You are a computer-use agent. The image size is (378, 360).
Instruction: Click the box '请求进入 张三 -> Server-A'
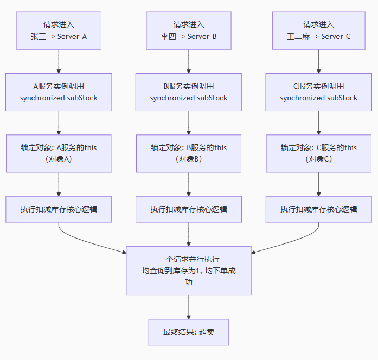click(x=59, y=31)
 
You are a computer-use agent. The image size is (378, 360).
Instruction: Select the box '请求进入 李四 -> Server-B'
click(x=189, y=31)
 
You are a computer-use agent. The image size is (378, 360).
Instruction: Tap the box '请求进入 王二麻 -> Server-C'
click(x=318, y=31)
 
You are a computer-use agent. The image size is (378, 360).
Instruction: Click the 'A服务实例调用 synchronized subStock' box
click(x=59, y=92)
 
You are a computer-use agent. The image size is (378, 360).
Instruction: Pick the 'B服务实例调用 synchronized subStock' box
click(x=189, y=92)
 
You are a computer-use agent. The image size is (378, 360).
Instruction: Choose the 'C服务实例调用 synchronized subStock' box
click(x=318, y=92)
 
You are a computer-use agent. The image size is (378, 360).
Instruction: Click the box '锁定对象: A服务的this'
click(x=59, y=153)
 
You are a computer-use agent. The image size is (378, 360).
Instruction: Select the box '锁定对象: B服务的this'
click(x=189, y=153)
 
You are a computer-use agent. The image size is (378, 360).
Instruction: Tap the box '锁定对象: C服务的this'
click(x=318, y=153)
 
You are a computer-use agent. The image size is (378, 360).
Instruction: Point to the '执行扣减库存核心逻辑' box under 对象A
click(x=59, y=209)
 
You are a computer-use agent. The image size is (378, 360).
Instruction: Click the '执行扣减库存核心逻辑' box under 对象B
click(x=189, y=209)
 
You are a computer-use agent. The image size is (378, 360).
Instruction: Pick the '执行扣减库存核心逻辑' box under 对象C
click(x=318, y=209)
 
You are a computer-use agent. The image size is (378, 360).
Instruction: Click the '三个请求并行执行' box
click(x=189, y=271)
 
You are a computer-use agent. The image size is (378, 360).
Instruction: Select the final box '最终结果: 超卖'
click(x=189, y=332)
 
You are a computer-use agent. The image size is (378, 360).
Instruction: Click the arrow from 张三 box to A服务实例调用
click(x=59, y=61)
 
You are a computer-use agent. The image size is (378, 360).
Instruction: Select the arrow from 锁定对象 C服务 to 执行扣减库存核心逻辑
click(x=318, y=184)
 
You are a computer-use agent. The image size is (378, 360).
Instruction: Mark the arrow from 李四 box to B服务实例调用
click(x=189, y=61)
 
